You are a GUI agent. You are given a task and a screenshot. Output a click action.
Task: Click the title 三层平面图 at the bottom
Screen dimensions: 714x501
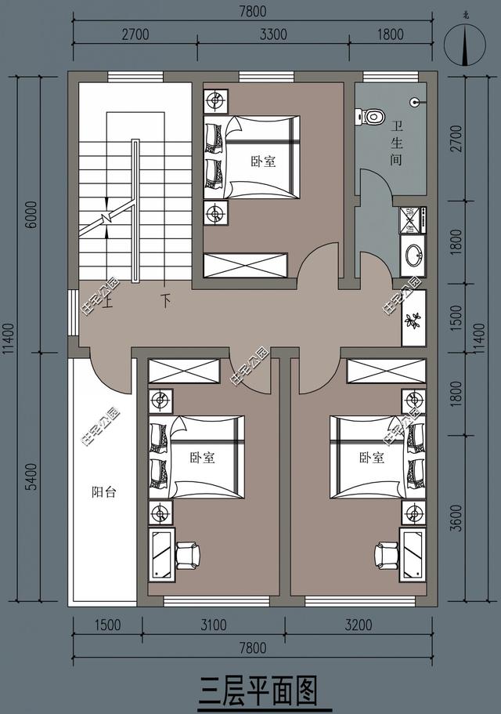pos(258,692)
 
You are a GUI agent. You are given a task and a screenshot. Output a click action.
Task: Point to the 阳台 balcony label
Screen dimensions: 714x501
pos(104,492)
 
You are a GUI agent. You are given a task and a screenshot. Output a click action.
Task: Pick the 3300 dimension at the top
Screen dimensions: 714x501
pos(272,34)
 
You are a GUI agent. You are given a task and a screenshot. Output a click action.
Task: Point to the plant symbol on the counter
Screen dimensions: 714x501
pos(413,320)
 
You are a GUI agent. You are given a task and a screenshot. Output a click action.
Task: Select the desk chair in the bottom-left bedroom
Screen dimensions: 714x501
pos(188,555)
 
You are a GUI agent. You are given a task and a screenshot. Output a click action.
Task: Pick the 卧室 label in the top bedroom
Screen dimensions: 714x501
pos(263,161)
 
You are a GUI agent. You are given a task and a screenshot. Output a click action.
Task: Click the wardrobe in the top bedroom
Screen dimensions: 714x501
pos(244,264)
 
